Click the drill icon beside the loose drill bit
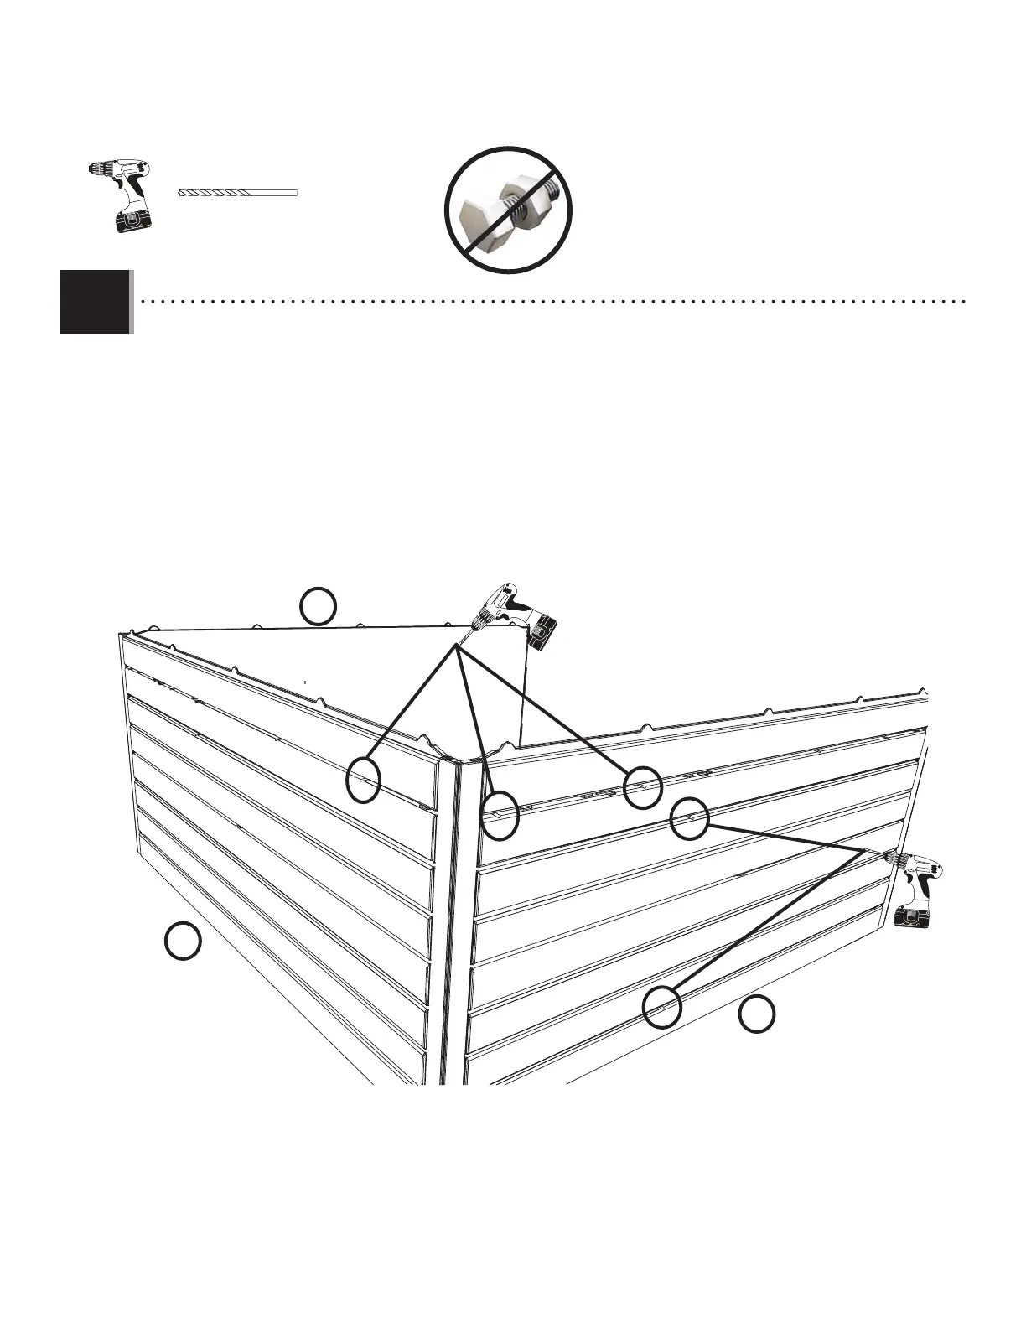(x=121, y=195)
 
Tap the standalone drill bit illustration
(x=238, y=193)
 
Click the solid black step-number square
(x=95, y=302)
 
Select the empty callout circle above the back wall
(x=319, y=607)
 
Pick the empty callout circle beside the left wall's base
(x=182, y=941)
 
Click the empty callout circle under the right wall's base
(x=756, y=1014)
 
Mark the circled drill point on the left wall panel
(x=365, y=778)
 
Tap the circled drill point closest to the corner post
(x=500, y=816)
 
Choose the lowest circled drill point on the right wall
(x=661, y=1006)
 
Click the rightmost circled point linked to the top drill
(x=643, y=787)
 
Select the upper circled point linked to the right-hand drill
(x=690, y=817)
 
